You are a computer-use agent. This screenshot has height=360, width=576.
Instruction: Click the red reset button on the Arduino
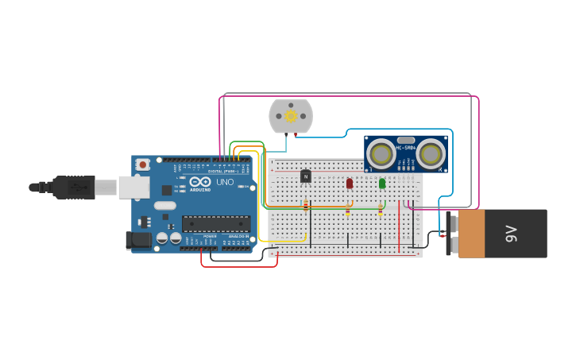point(142,165)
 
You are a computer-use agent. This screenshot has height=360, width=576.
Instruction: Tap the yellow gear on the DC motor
point(291,116)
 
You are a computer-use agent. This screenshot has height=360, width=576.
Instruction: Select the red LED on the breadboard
point(350,183)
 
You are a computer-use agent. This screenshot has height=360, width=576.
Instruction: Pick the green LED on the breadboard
point(382,183)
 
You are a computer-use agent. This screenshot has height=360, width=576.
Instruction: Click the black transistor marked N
point(306,176)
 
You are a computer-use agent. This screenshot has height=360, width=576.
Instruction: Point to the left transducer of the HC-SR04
point(381,153)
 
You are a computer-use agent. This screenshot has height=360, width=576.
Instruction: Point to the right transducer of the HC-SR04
point(431,153)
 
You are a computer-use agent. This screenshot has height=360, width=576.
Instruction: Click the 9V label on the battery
point(512,234)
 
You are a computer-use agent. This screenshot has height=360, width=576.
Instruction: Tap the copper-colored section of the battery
point(471,234)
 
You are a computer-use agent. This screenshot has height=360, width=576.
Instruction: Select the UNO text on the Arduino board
point(225,182)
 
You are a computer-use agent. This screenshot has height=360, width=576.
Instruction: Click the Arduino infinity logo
point(199,182)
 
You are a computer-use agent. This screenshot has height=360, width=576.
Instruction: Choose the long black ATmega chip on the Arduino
point(216,224)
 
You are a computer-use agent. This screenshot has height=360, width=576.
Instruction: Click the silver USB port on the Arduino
point(133,188)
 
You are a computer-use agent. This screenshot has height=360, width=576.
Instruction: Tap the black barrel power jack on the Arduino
point(140,239)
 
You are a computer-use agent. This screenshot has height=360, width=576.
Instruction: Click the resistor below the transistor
point(306,206)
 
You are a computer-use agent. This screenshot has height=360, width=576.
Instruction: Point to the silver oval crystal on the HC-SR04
point(406,140)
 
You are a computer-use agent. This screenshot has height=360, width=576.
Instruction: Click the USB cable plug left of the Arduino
point(75,188)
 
